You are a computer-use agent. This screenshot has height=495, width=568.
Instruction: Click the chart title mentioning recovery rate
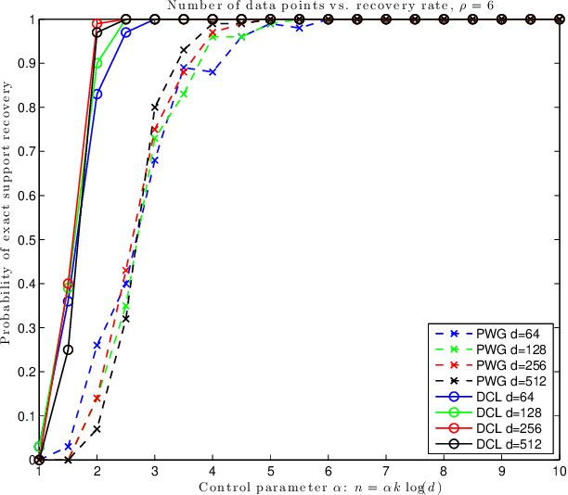pyautogui.click(x=300, y=6)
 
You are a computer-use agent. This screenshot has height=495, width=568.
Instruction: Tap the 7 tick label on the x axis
pyautogui.click(x=386, y=472)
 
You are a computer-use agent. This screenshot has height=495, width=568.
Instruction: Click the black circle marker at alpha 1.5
pyautogui.click(x=68, y=349)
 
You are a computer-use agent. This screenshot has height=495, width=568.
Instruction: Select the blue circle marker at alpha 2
pyautogui.click(x=97, y=94)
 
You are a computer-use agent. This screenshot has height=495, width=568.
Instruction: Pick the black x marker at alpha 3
pyautogui.click(x=155, y=108)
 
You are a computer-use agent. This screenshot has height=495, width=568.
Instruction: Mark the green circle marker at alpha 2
pyautogui.click(x=97, y=63)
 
